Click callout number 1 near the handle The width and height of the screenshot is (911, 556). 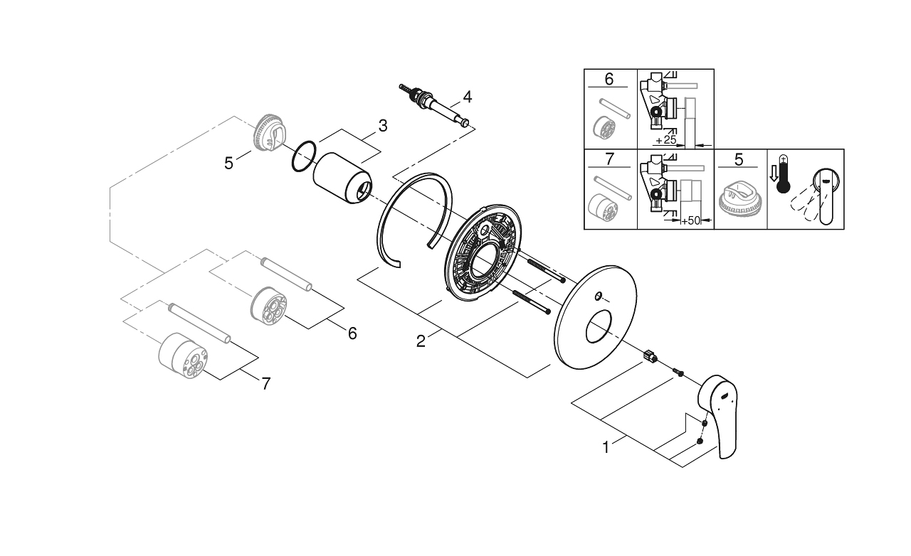point(606,448)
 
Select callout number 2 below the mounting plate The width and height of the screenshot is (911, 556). point(421,342)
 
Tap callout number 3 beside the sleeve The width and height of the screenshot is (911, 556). point(383,126)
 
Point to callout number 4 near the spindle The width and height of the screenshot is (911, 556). point(467,95)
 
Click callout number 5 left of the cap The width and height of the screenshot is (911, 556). point(228,163)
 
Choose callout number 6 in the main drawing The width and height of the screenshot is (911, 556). point(352,333)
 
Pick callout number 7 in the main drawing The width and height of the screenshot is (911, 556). point(265,384)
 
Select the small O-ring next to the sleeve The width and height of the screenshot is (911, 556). point(304,156)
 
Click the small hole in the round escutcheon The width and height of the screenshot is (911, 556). point(598,295)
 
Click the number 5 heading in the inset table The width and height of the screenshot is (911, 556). point(740,160)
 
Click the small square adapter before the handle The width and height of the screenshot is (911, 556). point(648,354)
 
